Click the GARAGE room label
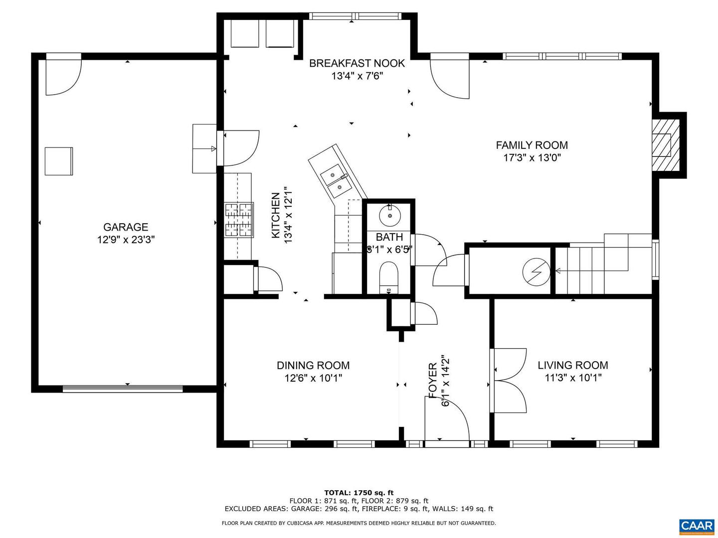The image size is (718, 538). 126,227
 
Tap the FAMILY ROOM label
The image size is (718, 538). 532,145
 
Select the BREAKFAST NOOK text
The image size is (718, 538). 357,63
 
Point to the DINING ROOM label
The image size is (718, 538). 313,365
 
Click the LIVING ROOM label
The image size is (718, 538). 572,365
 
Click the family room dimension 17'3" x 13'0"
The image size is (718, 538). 532,158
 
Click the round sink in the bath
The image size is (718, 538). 389,215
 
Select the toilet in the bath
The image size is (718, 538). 389,276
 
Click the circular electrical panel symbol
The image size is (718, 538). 536,272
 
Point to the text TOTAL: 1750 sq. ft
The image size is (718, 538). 359,493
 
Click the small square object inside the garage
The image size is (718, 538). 59,161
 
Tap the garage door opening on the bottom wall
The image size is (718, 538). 123,389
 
